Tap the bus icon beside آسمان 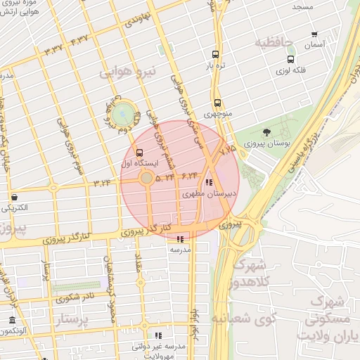pyautogui.click(x=314, y=34)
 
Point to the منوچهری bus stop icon pyautogui.click(x=217, y=102)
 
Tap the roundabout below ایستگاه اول pyautogui.click(x=146, y=179)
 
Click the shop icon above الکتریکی pyautogui.click(x=14, y=197)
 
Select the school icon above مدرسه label pyautogui.click(x=180, y=239)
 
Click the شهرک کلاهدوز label pyautogui.click(x=248, y=274)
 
